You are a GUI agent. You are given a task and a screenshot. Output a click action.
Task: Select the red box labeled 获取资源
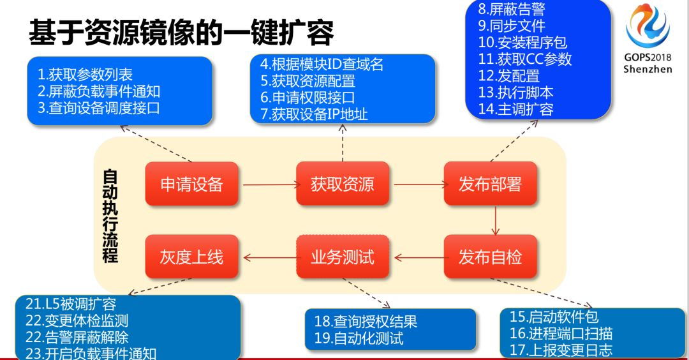[x=343, y=184]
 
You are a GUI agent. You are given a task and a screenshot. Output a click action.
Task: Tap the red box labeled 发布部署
[x=490, y=184]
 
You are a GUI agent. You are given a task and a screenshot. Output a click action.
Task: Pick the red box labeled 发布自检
[x=490, y=257]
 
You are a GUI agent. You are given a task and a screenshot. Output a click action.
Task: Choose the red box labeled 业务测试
[x=343, y=257]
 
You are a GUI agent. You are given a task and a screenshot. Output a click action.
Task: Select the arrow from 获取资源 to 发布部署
[x=419, y=186]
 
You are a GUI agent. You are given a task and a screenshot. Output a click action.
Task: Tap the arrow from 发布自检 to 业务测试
[x=419, y=258]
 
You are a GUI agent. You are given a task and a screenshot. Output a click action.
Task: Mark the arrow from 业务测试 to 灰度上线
[x=269, y=258]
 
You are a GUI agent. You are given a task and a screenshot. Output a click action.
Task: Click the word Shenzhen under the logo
[x=648, y=69]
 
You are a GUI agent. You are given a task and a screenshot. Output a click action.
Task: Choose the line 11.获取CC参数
[x=525, y=59]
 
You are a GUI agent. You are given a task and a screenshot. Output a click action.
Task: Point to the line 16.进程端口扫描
[x=561, y=333]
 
